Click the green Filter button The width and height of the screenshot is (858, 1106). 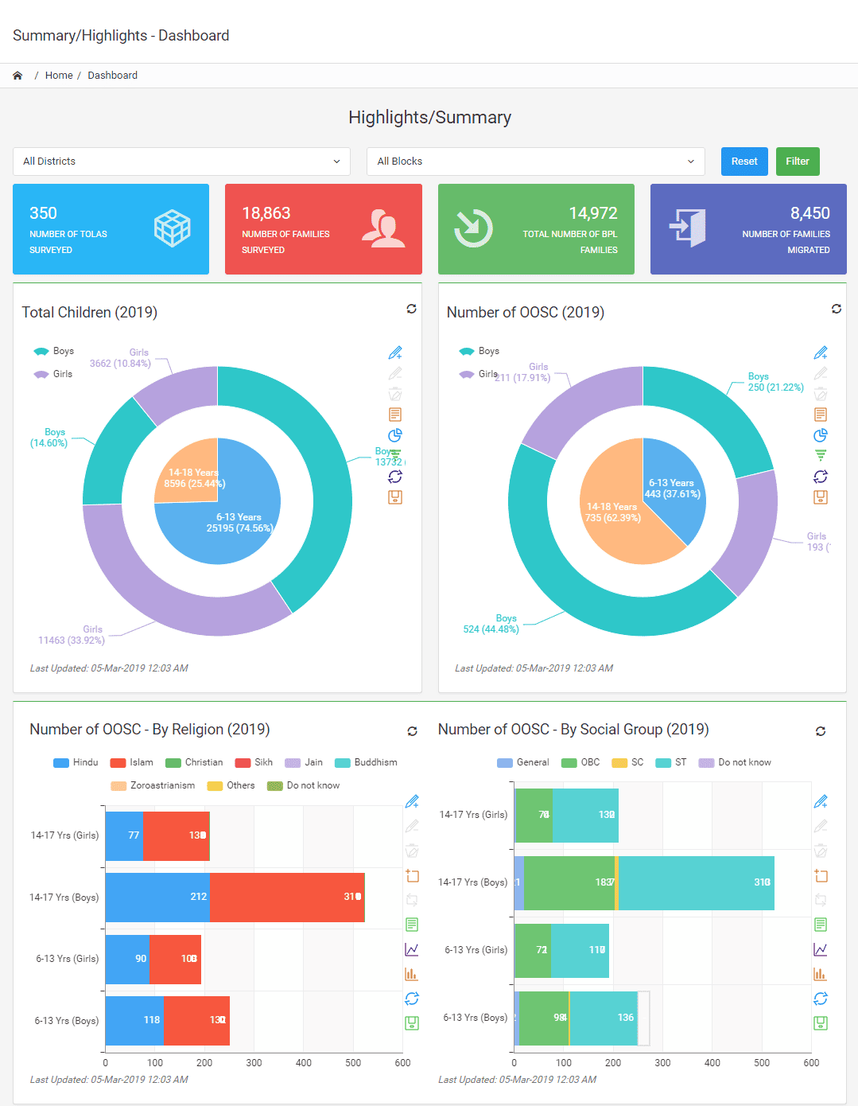[x=797, y=162]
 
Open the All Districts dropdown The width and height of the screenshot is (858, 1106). [x=181, y=162]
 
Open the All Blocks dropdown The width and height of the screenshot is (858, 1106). [x=535, y=162]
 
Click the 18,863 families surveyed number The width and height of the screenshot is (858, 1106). [x=266, y=213]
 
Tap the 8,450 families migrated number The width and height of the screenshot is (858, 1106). [x=809, y=213]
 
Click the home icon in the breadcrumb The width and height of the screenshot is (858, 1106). [x=17, y=76]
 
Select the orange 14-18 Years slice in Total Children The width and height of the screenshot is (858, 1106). [x=188, y=473]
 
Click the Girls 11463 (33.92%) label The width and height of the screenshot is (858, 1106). [x=72, y=635]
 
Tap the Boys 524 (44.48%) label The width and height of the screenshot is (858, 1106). [x=491, y=624]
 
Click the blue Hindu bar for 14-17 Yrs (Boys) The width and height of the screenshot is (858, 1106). [x=157, y=897]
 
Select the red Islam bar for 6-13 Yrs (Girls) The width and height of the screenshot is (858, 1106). [x=175, y=959]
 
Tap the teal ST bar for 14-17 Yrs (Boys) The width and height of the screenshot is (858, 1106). [x=696, y=882]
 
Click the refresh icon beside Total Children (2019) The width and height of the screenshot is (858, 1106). [x=411, y=309]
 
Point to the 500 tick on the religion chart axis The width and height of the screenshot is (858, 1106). [x=353, y=1063]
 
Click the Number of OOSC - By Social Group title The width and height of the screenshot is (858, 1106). [x=573, y=730]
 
